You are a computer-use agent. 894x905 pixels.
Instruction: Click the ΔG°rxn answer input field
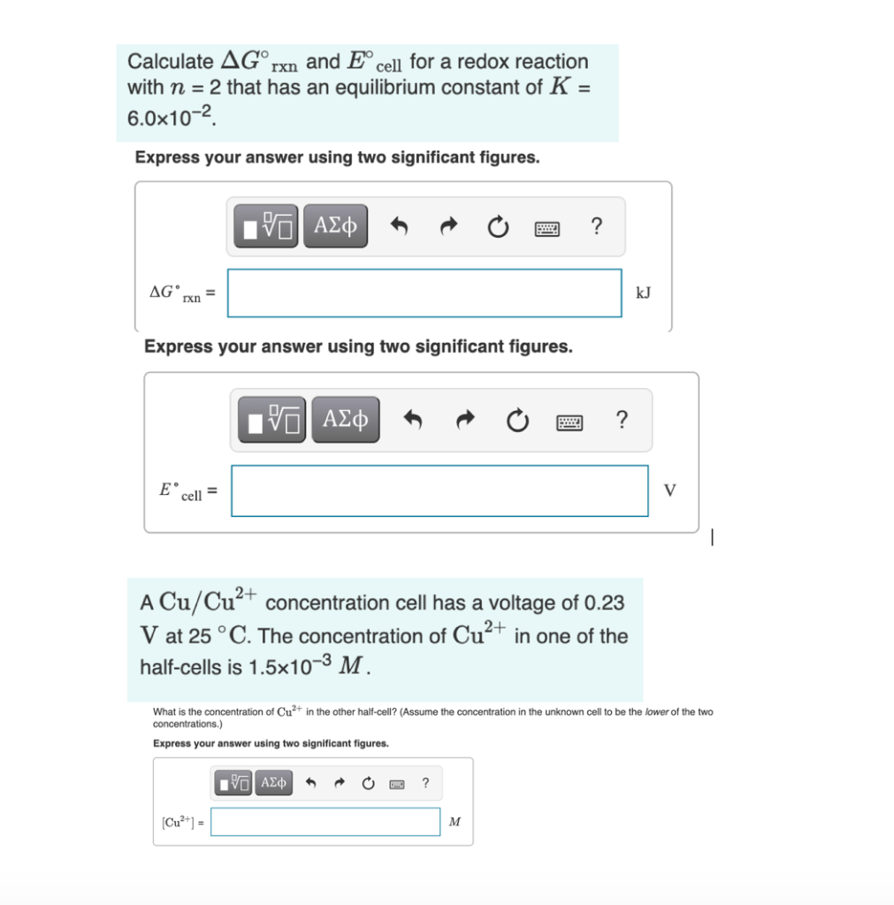coord(424,293)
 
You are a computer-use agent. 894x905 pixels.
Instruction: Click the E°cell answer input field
coord(439,491)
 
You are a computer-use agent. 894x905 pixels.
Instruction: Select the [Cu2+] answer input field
coord(325,821)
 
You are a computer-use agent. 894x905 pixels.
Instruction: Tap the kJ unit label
coord(643,293)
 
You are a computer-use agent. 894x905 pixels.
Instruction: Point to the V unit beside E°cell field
coord(669,491)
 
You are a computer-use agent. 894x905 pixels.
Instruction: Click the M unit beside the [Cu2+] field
coord(455,822)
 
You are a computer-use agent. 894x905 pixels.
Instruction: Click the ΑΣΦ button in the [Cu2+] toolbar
coord(274,783)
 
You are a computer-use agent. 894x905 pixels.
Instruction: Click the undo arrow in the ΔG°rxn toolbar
coord(399,228)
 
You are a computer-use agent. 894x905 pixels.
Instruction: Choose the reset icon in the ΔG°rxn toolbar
coord(498,228)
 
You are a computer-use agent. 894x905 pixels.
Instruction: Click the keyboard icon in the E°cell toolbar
coord(569,421)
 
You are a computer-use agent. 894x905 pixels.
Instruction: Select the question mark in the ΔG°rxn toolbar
coord(597,227)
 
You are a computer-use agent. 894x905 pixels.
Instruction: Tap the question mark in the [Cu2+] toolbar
coord(426,783)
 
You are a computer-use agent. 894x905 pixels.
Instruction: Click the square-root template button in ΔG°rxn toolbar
coord(267,227)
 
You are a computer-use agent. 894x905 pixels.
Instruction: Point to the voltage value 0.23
coord(605,603)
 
